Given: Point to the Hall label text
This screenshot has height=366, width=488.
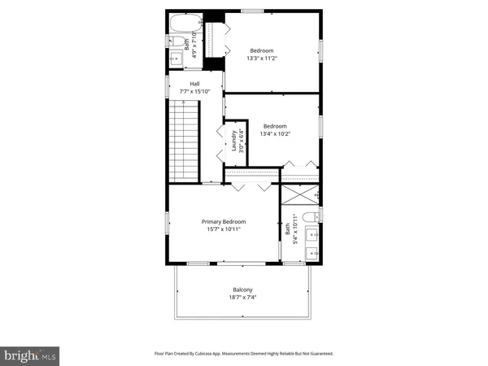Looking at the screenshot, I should tap(194, 84).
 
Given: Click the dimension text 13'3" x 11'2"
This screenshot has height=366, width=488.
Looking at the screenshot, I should tap(263, 58).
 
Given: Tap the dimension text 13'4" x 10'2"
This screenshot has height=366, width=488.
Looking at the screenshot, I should tap(274, 134).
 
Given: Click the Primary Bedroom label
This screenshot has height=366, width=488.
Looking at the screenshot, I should tap(224, 221).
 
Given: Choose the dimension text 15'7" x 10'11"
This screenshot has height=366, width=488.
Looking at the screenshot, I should tap(224, 229).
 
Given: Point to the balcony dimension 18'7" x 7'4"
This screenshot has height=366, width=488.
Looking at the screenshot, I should tap(242, 298).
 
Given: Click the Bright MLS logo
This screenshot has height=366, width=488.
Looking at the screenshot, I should tap(30, 355).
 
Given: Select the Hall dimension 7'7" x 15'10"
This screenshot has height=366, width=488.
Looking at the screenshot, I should tap(194, 92).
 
